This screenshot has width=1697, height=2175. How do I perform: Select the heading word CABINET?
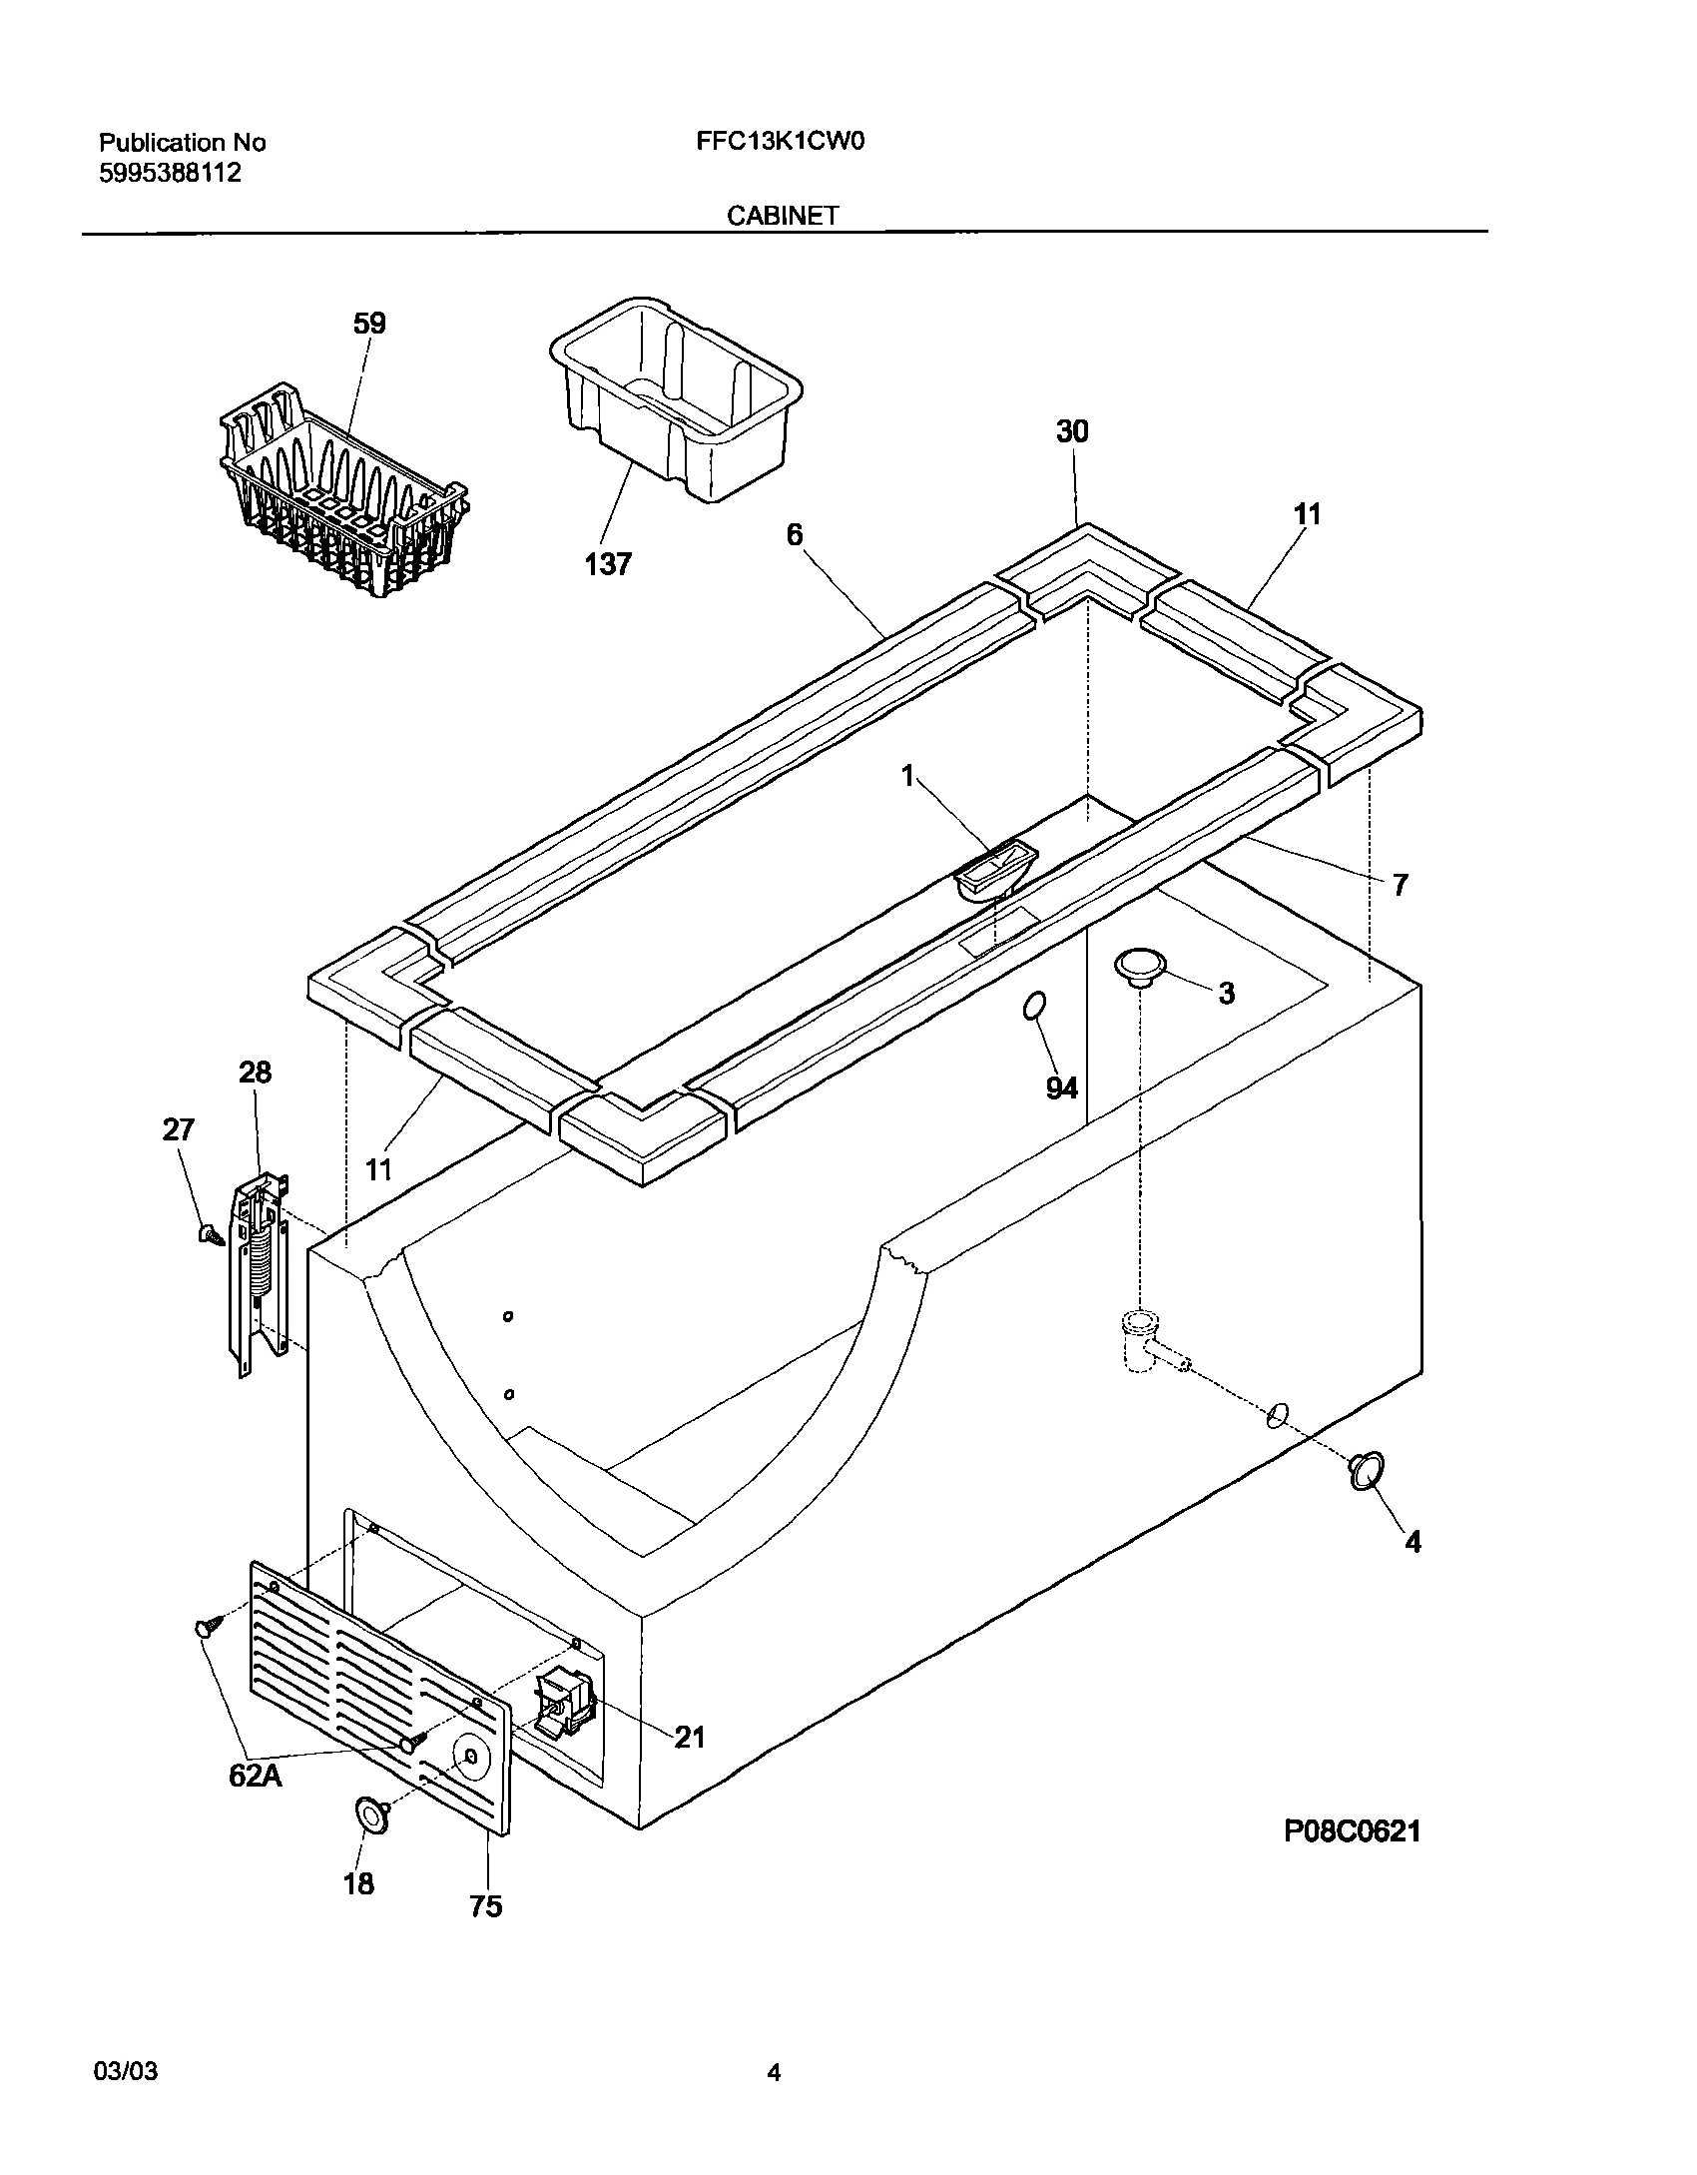(x=782, y=216)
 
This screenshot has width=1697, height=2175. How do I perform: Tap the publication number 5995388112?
(x=170, y=173)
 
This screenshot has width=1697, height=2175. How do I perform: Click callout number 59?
(x=369, y=324)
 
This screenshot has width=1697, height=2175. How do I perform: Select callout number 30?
(x=1072, y=431)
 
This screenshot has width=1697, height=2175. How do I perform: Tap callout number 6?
(x=794, y=535)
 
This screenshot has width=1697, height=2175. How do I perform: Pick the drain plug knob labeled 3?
(x=1140, y=967)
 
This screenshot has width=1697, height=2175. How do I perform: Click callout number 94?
(x=1061, y=1087)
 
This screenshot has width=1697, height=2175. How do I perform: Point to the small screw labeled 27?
(x=210, y=1234)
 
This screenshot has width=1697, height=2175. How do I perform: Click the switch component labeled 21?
(x=566, y=1704)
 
